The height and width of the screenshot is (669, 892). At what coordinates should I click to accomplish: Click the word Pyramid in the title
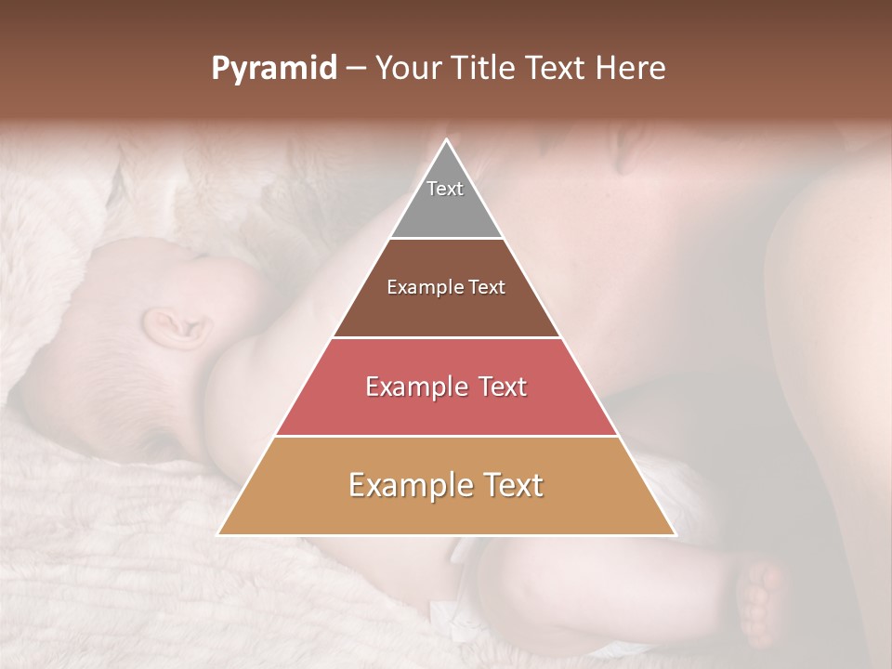click(274, 69)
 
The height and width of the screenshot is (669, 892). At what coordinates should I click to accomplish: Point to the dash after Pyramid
click(355, 69)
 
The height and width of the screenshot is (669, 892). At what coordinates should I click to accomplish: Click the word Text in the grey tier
click(445, 189)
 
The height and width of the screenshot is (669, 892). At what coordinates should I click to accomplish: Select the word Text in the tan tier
click(506, 485)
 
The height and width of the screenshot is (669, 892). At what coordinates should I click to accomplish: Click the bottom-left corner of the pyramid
click(219, 534)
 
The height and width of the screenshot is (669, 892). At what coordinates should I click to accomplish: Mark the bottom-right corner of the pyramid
click(674, 534)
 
